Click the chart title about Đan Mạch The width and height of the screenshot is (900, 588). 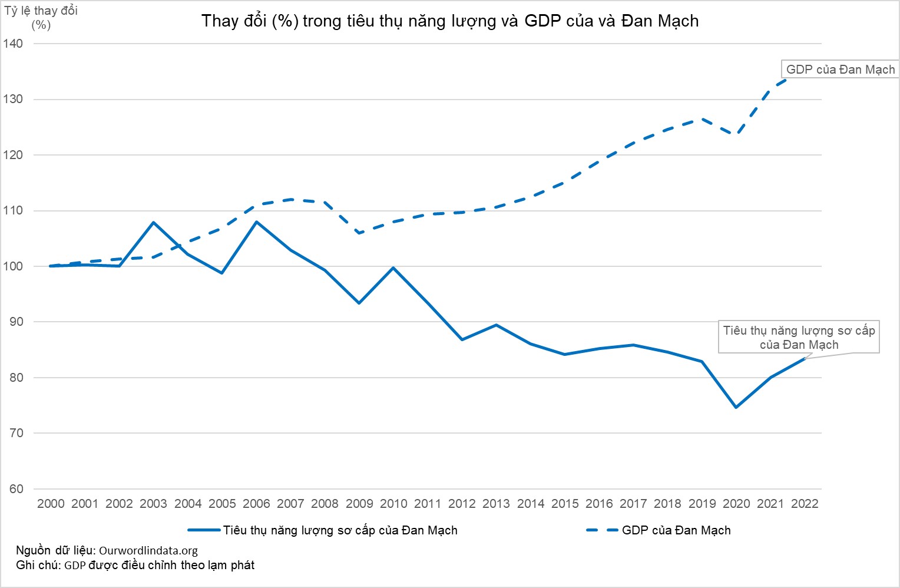tap(450, 21)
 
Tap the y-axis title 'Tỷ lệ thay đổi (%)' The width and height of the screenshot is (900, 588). tap(41, 18)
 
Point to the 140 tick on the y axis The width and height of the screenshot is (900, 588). tap(13, 44)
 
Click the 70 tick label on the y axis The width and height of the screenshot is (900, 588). tap(16, 433)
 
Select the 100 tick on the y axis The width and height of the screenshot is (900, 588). tap(13, 266)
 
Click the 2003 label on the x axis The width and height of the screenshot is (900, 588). tap(153, 504)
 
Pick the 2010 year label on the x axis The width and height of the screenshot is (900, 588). tap(393, 504)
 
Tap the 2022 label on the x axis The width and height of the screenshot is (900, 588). tap(805, 504)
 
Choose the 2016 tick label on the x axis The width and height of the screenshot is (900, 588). tap(599, 504)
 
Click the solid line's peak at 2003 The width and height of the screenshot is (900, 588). tap(154, 222)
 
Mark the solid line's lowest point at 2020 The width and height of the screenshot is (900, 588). tap(736, 407)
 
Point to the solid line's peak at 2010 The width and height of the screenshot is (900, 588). tap(393, 268)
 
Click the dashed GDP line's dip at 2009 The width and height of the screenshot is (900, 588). tap(359, 233)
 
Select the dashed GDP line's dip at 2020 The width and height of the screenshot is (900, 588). tap(736, 134)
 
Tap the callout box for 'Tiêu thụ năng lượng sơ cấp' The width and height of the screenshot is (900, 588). tap(799, 338)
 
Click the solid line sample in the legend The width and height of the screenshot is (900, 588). tap(204, 530)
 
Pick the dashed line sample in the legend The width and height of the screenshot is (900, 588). tap(601, 530)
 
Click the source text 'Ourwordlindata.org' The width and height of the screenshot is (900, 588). tap(148, 551)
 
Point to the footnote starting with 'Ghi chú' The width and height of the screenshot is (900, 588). tap(135, 566)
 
